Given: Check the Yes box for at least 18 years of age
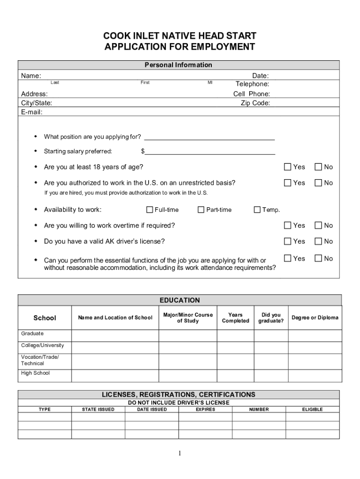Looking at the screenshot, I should [x=288, y=167].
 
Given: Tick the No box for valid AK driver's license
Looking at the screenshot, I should [x=318, y=241].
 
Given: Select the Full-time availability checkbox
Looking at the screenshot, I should [x=150, y=210].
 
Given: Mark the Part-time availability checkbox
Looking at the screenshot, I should [x=202, y=210].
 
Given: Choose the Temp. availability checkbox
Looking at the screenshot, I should [x=257, y=210].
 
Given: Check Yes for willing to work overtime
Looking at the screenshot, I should [x=288, y=225].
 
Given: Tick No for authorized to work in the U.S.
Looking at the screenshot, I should [x=318, y=183].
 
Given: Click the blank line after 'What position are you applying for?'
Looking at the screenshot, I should [x=209, y=137].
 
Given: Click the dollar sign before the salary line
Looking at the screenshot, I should [x=143, y=151].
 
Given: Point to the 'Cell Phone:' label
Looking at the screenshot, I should [x=252, y=94].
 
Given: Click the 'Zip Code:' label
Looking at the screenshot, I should [x=255, y=103].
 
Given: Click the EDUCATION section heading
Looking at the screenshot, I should [x=180, y=300].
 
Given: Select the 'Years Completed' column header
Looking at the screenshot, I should [x=235, y=318].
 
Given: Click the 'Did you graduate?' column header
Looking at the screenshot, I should [x=271, y=318].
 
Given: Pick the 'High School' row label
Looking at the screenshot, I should [x=35, y=373].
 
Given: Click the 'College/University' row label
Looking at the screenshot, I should [x=43, y=345].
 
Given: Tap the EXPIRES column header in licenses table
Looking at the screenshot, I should [x=205, y=409].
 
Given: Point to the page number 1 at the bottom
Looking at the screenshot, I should [x=180, y=453].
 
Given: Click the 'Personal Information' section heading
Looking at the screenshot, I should [x=178, y=65].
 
